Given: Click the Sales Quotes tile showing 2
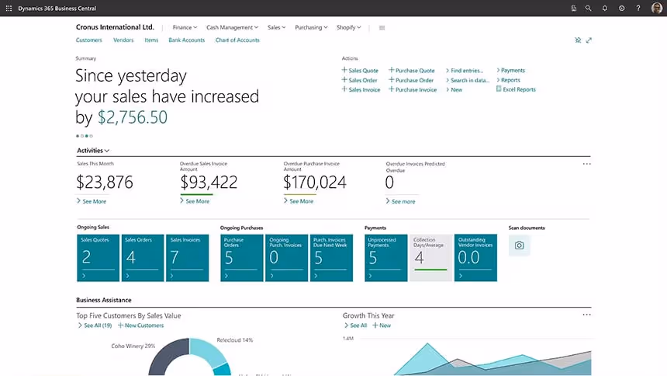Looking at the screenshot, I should coord(98,257).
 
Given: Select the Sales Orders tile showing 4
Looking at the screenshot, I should coord(143,257).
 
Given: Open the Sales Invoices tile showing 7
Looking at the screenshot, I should coord(187,257).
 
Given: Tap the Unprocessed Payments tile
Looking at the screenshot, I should coord(386,257).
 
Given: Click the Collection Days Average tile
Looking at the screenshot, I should coord(430,257).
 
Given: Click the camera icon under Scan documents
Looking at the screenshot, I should coord(519,245).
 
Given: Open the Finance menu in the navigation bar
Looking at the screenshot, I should coord(185,27).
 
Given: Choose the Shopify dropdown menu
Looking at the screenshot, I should coord(348,27).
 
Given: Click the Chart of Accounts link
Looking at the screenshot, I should coord(237,40).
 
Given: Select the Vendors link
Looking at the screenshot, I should coord(123,40).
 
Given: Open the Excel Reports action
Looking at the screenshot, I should coord(519,89).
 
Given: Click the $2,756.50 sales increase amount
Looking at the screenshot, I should coord(132,117).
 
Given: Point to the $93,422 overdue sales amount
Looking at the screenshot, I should coord(209,183).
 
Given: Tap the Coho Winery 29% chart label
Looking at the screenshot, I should coord(133,346).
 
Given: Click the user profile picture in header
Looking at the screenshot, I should coord(656,8).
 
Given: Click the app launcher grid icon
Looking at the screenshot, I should coord(9,8).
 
